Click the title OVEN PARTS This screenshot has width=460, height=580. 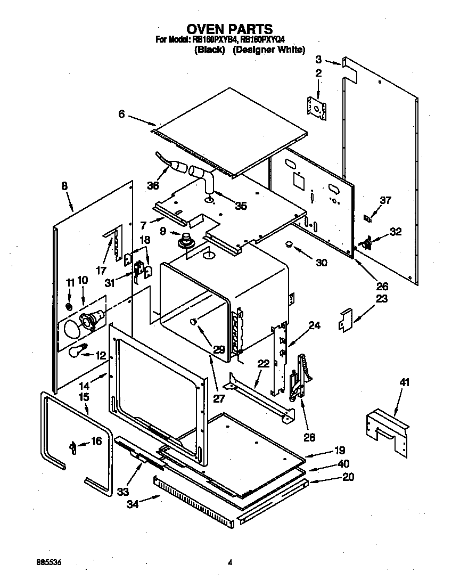tap(229, 29)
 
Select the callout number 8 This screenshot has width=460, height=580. tap(64, 186)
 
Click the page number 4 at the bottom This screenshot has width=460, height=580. tap(230, 562)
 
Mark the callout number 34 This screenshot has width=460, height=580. tap(133, 504)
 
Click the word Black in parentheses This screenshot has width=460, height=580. tap(210, 50)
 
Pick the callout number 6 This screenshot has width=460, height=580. tap(121, 113)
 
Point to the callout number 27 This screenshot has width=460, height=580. tap(219, 398)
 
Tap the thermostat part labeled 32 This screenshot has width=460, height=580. tap(366, 243)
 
